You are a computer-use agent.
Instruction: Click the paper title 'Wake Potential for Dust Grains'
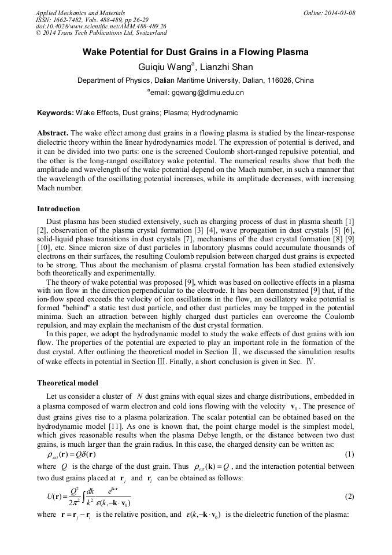[195, 52]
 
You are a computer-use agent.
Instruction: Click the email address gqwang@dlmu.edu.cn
[199, 93]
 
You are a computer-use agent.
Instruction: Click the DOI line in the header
[101, 26]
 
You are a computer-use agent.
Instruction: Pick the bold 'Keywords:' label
[56, 113]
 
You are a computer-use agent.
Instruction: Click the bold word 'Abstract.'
[53, 133]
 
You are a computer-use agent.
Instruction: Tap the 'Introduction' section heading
[58, 209]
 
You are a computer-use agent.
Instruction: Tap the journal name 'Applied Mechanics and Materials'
[80, 13]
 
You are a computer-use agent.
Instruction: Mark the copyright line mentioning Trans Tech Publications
[101, 33]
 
